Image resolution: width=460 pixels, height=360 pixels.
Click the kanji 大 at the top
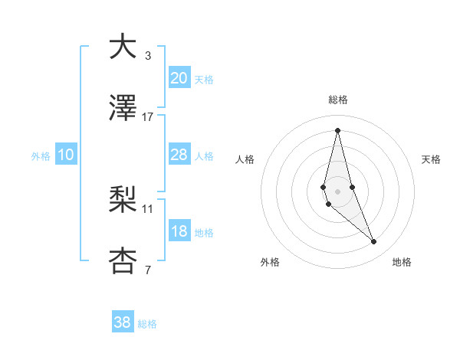click(123, 47)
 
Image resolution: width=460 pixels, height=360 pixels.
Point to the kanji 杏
click(123, 261)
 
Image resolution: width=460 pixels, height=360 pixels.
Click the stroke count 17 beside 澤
click(148, 116)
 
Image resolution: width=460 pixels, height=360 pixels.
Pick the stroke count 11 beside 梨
click(148, 208)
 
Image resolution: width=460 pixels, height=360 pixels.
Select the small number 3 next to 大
click(148, 55)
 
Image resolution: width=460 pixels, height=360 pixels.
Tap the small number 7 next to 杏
click(148, 270)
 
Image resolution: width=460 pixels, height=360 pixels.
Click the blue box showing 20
click(179, 77)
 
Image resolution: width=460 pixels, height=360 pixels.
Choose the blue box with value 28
click(179, 155)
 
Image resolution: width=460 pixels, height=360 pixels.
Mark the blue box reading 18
click(179, 231)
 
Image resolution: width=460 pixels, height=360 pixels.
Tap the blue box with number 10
click(65, 155)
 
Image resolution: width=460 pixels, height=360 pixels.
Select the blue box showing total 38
click(122, 322)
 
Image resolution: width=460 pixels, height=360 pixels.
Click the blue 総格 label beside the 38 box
click(147, 324)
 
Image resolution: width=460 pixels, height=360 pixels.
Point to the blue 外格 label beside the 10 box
click(41, 155)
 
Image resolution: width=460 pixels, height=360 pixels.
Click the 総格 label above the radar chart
click(338, 100)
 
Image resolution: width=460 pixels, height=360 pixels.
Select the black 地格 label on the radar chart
click(402, 263)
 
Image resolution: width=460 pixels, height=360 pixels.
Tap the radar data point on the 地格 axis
click(374, 242)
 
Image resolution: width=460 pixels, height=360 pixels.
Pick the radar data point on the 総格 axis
click(337, 129)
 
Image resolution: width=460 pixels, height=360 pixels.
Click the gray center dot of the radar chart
click(337, 191)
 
